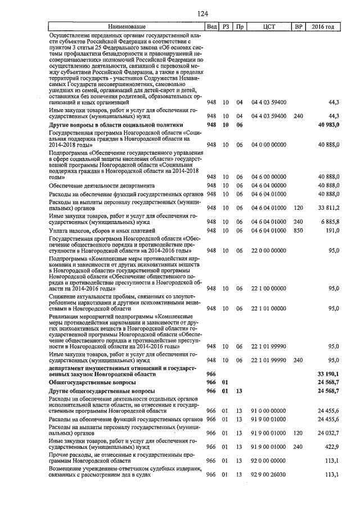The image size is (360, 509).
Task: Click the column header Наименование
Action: [127, 27]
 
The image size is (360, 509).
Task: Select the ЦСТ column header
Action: [268, 27]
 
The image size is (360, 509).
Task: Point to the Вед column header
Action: [211, 27]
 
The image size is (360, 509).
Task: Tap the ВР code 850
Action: [298, 231]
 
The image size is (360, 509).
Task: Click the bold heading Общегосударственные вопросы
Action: [93, 382]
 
